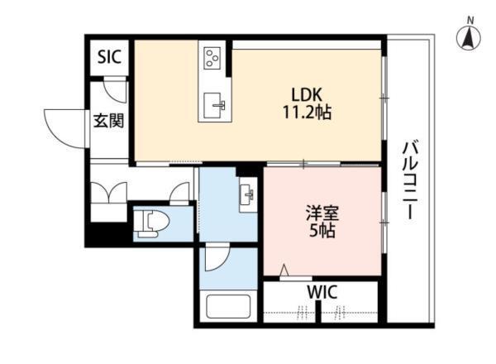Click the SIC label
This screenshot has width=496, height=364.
point(109,57)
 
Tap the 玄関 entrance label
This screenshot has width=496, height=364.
point(108,121)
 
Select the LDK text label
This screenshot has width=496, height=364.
point(306,94)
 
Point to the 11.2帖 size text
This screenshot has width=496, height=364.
point(307,112)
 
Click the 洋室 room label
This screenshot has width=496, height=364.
point(322,213)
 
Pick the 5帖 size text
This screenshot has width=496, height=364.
point(322,231)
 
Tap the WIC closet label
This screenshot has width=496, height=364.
point(322,292)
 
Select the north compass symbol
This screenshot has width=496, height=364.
point(469,38)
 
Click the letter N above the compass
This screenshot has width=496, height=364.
point(470,21)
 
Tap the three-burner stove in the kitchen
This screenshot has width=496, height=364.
point(212,57)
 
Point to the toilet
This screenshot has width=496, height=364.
point(151,224)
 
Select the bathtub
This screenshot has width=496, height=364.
point(228,306)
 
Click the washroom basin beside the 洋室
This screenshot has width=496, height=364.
point(248,194)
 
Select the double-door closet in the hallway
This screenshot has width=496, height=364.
point(109,193)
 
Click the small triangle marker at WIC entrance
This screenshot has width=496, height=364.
point(285,270)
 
